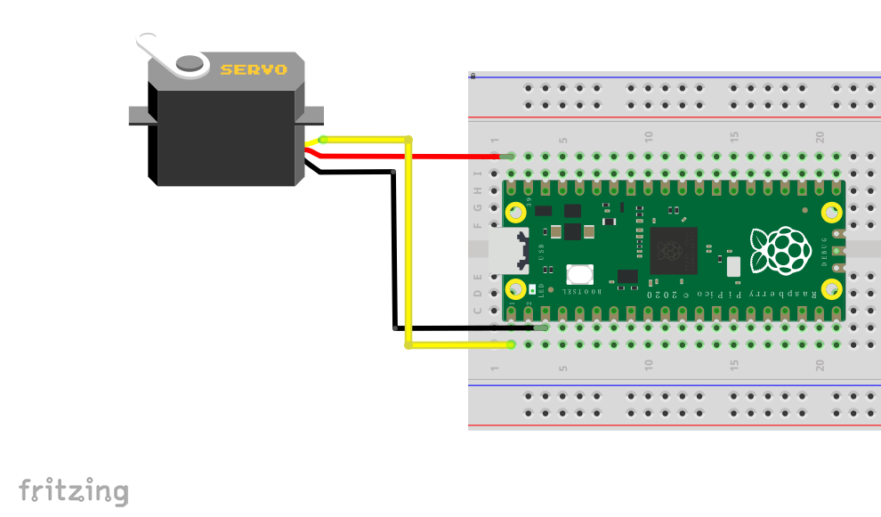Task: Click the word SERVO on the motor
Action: pos(254,69)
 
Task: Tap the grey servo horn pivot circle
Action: pos(190,63)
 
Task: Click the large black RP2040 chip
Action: pos(674,250)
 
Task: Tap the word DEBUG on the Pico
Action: pos(824,250)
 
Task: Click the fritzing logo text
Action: pos(74,490)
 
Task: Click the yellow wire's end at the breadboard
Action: pos(511,344)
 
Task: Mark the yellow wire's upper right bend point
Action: pos(408,140)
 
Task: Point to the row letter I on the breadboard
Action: pos(478,174)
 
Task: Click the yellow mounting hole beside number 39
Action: pos(515,212)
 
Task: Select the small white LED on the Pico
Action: pos(531,289)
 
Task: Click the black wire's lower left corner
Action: pos(394,328)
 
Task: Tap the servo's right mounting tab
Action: pos(314,116)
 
